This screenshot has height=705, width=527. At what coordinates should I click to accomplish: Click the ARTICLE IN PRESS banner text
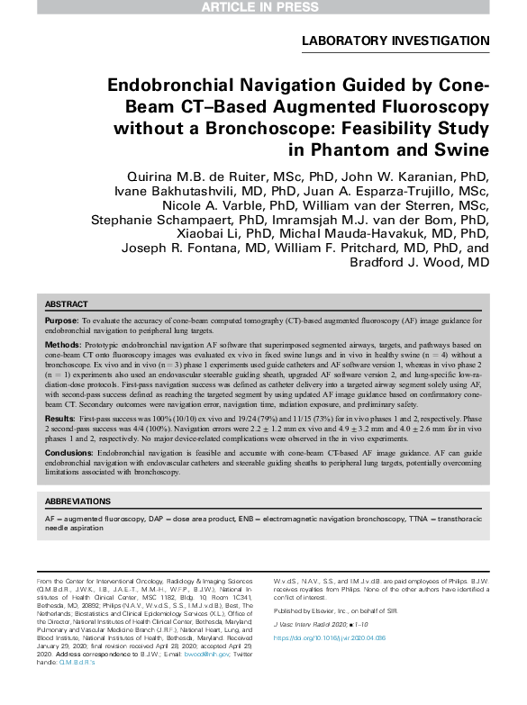[x=263, y=7]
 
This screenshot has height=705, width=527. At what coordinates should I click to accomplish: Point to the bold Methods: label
[x=62, y=345]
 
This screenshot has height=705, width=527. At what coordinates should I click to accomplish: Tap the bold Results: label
[x=60, y=420]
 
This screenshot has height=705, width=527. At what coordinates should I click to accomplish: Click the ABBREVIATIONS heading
[x=78, y=502]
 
